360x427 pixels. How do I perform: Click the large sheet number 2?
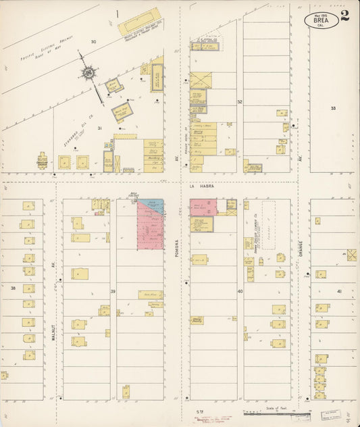[x=345, y=16]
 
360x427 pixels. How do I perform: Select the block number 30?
[x=94, y=42]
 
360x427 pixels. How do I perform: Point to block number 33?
[x=333, y=108]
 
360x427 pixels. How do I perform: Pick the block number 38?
[x=13, y=288]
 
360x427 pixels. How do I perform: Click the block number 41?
[x=339, y=291]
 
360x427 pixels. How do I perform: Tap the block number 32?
[x=239, y=102]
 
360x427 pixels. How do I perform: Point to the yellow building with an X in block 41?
[x=351, y=255]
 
